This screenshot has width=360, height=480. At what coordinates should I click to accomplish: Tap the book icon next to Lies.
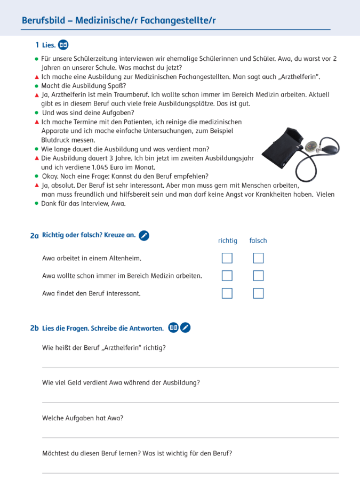coord(63,45)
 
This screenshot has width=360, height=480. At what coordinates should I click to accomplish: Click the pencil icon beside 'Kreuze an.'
coord(144,235)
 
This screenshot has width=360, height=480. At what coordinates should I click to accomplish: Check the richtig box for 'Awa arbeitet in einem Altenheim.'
coord(227,258)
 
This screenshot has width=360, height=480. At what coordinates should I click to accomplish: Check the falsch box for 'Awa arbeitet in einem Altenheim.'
coord(258,258)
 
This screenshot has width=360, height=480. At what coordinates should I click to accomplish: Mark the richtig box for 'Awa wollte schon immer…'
coord(227,276)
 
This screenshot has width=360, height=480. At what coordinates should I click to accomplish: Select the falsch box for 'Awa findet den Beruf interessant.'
coord(258,293)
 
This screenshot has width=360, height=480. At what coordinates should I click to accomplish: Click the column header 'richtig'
coord(228,241)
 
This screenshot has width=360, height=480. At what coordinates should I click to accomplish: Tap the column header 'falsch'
coord(258,241)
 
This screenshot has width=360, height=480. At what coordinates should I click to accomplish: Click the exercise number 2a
coord(35,235)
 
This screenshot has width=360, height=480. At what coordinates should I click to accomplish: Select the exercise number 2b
coord(35,328)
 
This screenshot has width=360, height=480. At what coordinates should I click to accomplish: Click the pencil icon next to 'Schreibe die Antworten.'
coord(185,328)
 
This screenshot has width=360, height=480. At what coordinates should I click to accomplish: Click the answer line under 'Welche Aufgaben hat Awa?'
coord(190,437)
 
